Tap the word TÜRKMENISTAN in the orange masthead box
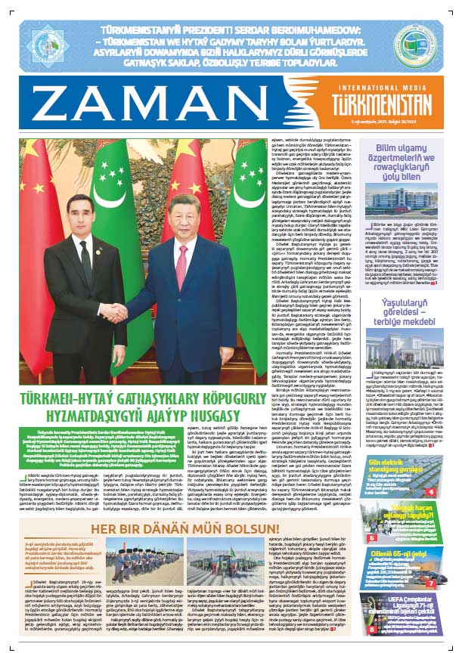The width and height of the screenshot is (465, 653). (x=385, y=106)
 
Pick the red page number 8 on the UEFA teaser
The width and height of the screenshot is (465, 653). (x=373, y=628)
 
